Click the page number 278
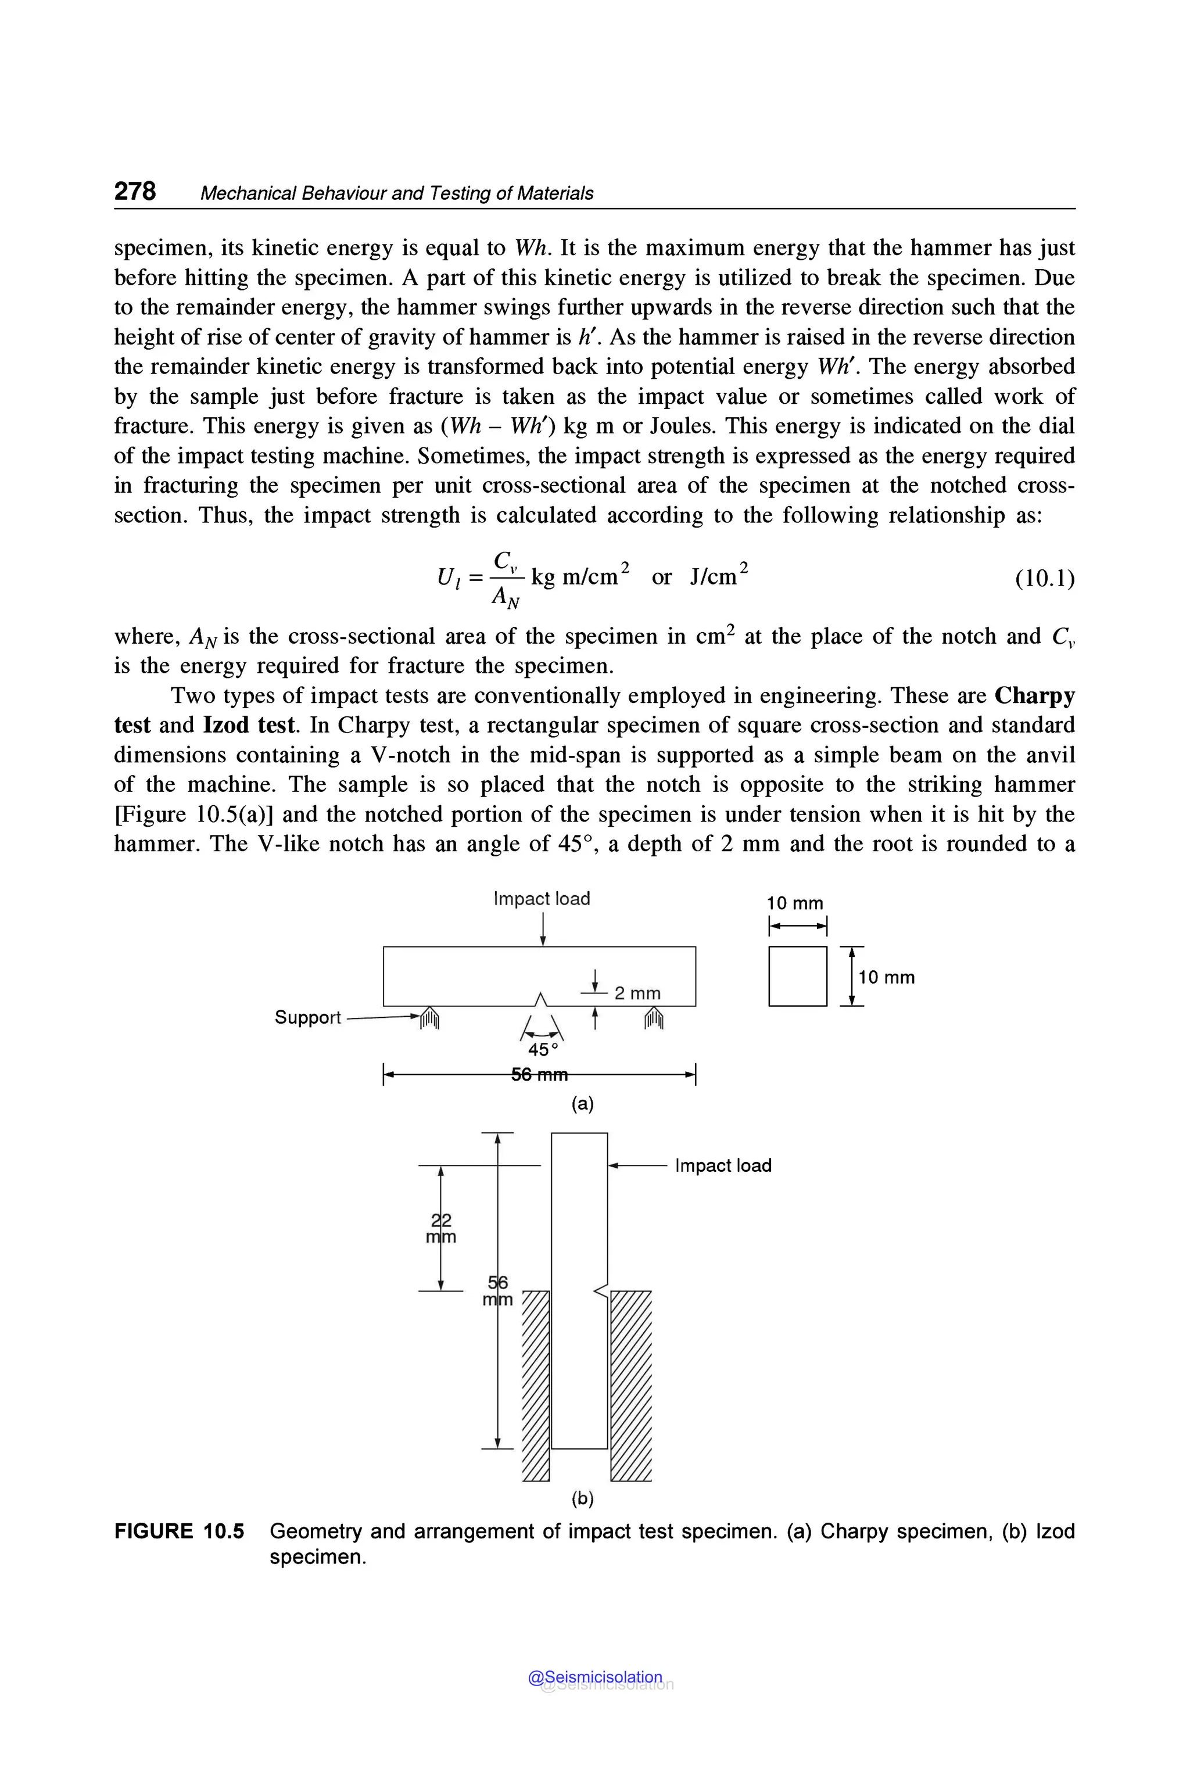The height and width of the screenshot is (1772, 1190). click(x=135, y=191)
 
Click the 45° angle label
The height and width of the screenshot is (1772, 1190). click(x=543, y=1049)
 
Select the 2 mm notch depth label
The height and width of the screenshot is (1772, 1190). click(x=637, y=993)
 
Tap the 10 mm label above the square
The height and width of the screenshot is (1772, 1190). click(x=795, y=903)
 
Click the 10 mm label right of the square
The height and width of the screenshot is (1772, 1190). click(x=887, y=977)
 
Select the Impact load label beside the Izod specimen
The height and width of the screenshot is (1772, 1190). click(x=722, y=1165)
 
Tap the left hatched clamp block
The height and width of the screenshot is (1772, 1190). click(x=536, y=1384)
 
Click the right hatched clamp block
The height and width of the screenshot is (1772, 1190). click(x=630, y=1384)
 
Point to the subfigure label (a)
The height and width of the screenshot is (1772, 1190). click(x=582, y=1103)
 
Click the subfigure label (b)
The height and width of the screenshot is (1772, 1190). click(x=582, y=1498)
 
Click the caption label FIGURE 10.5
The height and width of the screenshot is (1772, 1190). click(x=179, y=1531)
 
